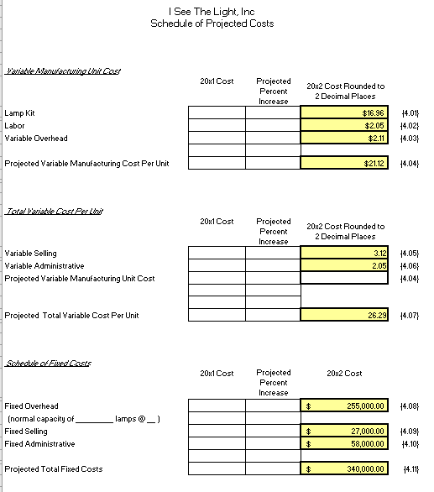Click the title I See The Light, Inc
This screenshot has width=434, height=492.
tap(211, 12)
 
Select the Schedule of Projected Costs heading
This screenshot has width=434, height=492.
tap(211, 24)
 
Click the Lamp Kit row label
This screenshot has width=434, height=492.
tap(19, 113)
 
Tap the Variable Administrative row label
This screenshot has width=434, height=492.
tap(44, 265)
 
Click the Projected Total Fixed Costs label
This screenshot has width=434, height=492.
tap(54, 468)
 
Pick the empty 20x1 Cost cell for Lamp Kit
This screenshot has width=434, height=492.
tap(216, 113)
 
